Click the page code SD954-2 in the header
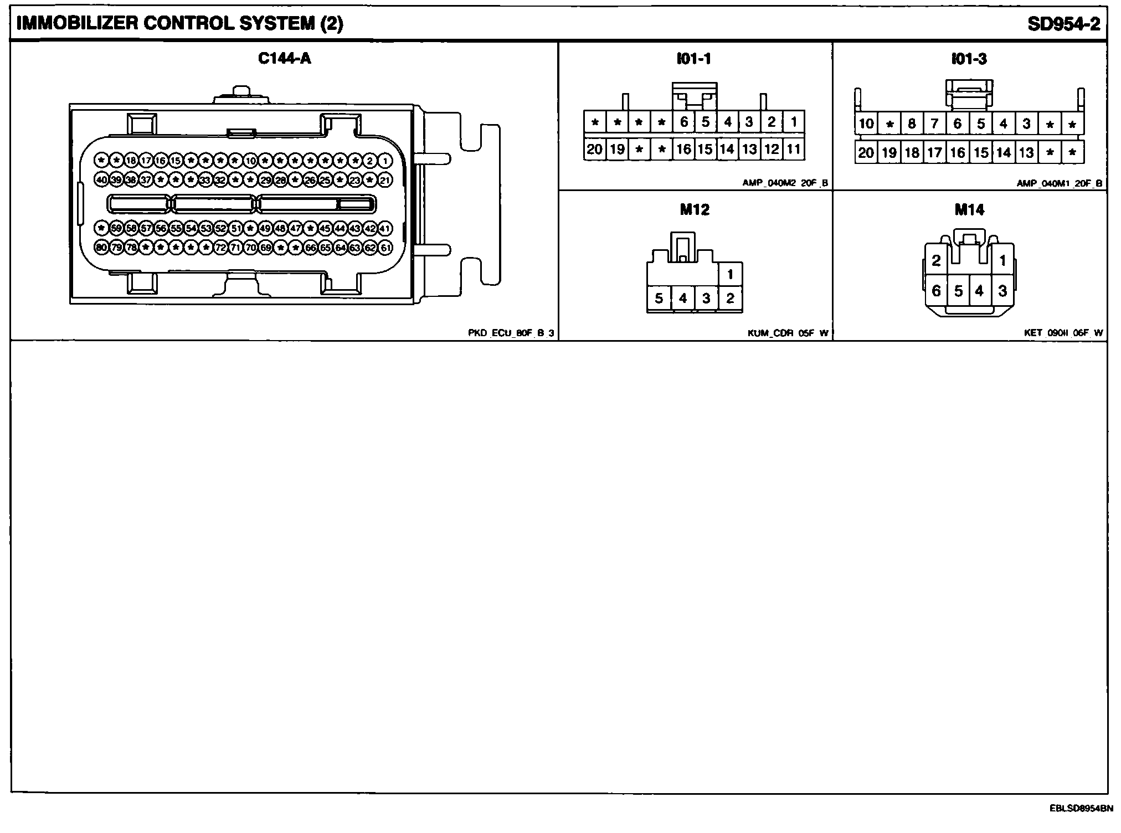pyautogui.click(x=1063, y=24)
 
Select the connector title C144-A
pyautogui.click(x=285, y=59)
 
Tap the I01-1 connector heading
pyautogui.click(x=694, y=59)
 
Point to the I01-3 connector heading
pyautogui.click(x=969, y=59)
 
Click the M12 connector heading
pyautogui.click(x=695, y=209)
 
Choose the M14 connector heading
pyautogui.click(x=969, y=209)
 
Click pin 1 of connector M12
pyautogui.click(x=731, y=274)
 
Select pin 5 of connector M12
pyautogui.click(x=659, y=299)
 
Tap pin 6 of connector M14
pyautogui.click(x=936, y=291)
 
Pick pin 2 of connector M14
pyautogui.click(x=936, y=260)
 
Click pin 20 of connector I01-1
pyautogui.click(x=594, y=149)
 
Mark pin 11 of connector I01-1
pyautogui.click(x=794, y=149)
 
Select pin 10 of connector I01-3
pyautogui.click(x=866, y=124)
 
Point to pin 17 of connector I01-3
pyautogui.click(x=935, y=152)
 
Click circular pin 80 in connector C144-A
pyautogui.click(x=101, y=248)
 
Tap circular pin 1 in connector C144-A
pyautogui.click(x=385, y=161)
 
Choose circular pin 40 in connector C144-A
pyautogui.click(x=101, y=180)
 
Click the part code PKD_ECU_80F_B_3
pyautogui.click(x=511, y=333)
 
